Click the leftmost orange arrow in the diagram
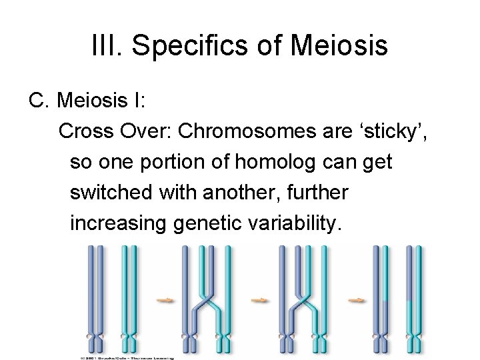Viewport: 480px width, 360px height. click(163, 301)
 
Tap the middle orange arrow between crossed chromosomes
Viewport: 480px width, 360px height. click(261, 301)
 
